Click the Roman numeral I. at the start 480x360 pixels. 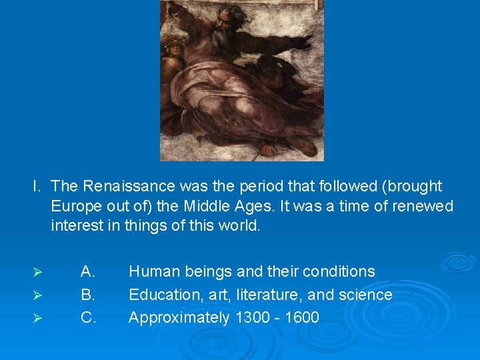(x=37, y=186)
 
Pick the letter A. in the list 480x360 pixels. (x=88, y=272)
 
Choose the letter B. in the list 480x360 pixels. (x=88, y=295)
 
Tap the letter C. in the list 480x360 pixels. (x=88, y=317)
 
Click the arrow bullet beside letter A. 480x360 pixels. (x=39, y=273)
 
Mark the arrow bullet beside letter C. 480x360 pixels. (x=39, y=318)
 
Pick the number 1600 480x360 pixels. (x=302, y=317)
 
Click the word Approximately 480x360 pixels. (x=179, y=317)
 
